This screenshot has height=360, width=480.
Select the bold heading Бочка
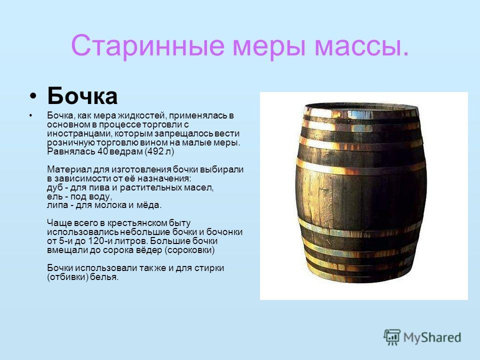82,96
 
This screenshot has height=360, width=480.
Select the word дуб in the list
54,187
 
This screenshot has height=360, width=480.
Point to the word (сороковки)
190,250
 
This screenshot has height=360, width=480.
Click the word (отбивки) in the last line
67,277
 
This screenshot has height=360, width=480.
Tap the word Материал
69,169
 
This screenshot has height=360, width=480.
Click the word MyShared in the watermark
432,337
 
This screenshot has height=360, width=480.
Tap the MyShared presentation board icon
392,337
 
